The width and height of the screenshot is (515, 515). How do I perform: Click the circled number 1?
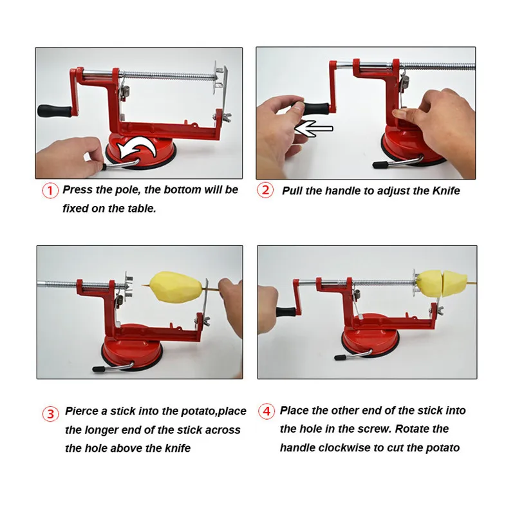(50, 191)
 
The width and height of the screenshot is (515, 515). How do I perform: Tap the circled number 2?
(265, 191)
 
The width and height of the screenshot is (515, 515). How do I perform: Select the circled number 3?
(51, 414)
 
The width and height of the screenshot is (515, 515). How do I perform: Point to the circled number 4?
(267, 411)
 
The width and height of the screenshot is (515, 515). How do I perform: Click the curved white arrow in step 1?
(138, 148)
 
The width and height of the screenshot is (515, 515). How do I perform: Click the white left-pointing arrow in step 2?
(314, 129)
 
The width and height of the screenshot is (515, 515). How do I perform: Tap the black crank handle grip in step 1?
(55, 111)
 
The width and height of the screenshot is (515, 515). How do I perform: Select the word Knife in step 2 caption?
(446, 191)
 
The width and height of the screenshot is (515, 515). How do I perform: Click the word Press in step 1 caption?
(77, 189)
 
